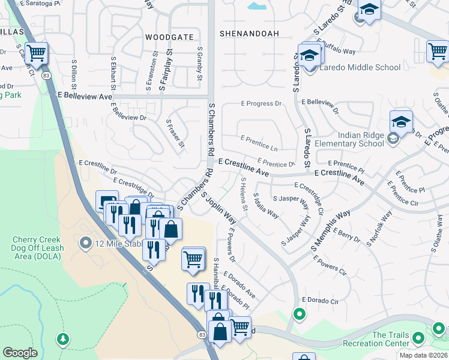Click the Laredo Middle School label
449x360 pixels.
360,67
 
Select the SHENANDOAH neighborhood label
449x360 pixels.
249,34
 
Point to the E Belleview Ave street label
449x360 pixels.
85,96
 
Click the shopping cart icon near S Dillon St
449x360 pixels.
37,53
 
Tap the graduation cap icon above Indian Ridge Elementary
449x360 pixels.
400,122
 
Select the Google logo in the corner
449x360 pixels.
20,352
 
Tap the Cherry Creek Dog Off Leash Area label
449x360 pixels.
38,248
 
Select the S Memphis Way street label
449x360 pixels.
331,231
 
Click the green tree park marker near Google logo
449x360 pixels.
63,339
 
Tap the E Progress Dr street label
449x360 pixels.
261,104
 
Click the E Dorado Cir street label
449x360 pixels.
321,299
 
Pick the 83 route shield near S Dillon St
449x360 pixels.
46,75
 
